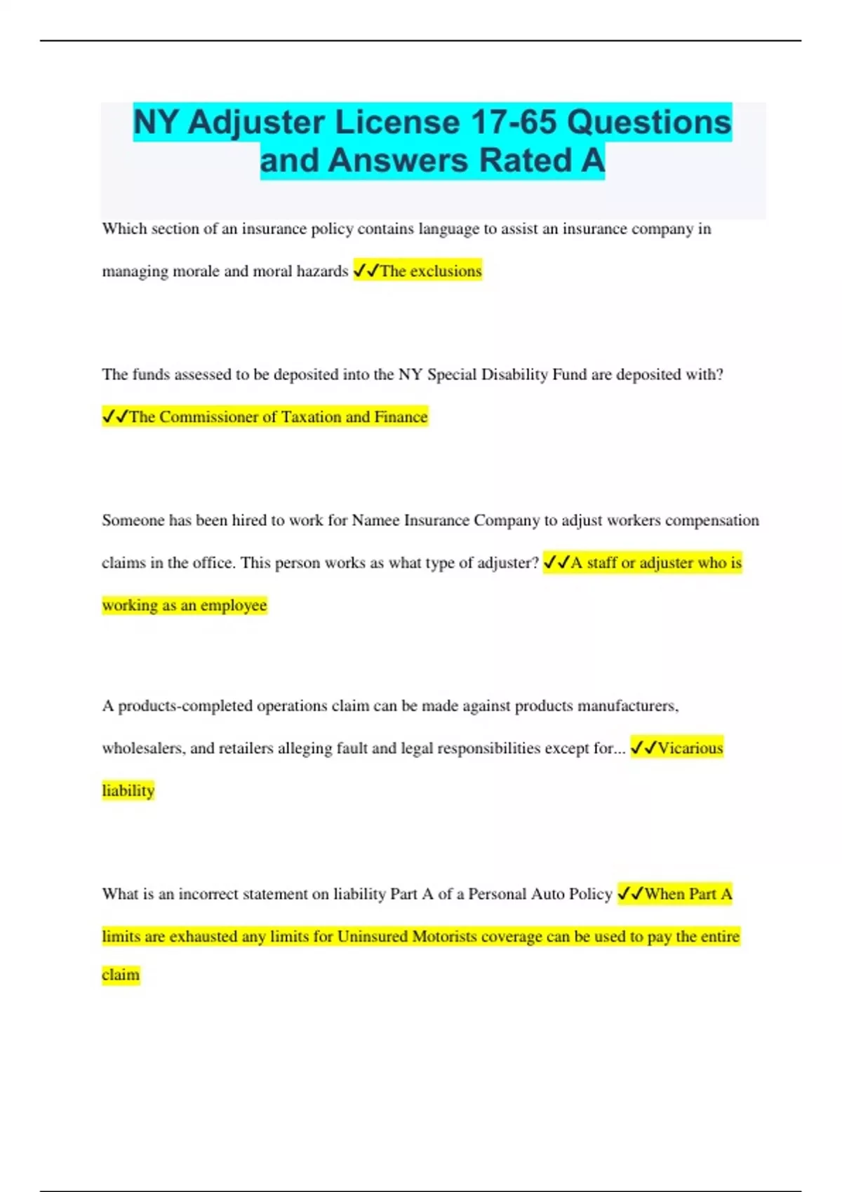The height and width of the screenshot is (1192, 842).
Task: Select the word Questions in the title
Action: point(649,122)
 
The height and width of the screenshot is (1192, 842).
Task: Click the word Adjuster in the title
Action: point(255,123)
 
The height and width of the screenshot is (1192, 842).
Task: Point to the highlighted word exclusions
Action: point(446,271)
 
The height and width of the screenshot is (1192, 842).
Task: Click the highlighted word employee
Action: point(234,605)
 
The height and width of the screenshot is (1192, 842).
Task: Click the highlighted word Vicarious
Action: point(690,748)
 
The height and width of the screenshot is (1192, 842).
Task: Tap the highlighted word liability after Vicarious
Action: point(128,791)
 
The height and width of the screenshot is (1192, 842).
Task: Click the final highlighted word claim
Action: point(121,975)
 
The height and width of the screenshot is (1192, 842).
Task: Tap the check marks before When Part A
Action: point(630,894)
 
